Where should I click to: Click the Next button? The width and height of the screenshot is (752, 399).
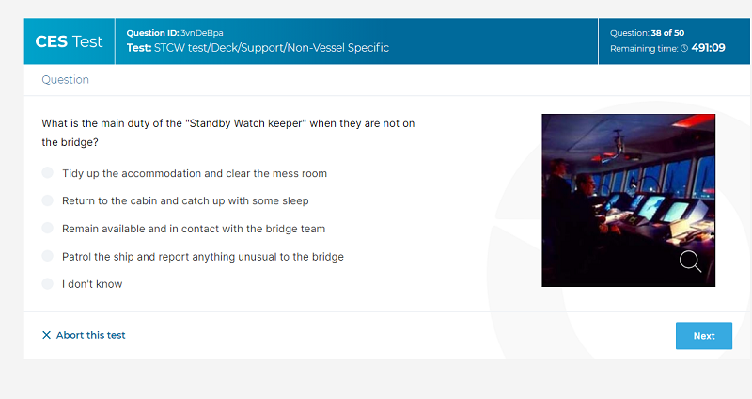point(703,336)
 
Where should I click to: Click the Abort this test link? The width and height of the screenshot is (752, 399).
point(90,335)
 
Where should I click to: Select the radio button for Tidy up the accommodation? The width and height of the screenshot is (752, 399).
point(48,172)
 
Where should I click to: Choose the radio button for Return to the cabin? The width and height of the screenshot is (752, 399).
point(48,200)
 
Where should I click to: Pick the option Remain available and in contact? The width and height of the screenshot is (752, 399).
point(48,228)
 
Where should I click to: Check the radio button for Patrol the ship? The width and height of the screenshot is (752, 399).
point(48,255)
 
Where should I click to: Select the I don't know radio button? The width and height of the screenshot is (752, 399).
point(48,283)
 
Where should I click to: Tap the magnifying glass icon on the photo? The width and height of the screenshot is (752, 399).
point(690,262)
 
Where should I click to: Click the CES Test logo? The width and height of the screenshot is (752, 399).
point(69,41)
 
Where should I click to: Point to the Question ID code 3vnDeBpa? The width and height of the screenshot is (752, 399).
point(202,33)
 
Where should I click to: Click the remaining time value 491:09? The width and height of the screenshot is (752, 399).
point(709,48)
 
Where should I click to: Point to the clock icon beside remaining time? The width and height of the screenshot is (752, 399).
point(684,48)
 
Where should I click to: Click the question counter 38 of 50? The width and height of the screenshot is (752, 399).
point(667,33)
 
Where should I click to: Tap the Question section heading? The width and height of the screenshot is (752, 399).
point(65,80)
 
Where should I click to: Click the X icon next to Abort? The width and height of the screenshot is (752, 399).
point(46,335)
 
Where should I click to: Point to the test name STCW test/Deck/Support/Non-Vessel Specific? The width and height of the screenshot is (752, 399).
point(272,48)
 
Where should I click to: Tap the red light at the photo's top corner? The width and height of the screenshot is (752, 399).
point(695,120)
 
